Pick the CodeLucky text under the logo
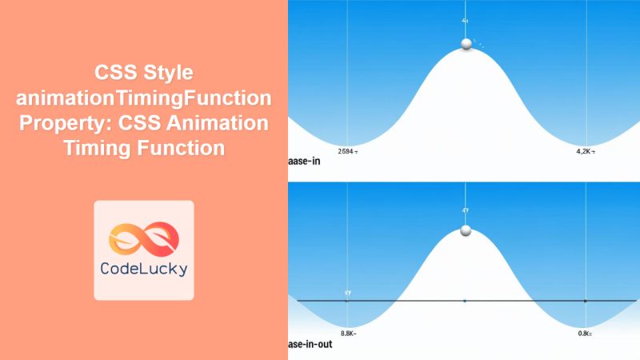tap(144, 270)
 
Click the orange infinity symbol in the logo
tap(144, 233)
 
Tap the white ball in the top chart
tap(466, 44)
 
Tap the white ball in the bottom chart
tap(466, 232)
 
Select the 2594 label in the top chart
tap(348, 150)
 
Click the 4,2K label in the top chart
tap(587, 150)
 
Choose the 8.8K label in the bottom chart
tap(348, 333)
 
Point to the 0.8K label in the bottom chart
tap(586, 333)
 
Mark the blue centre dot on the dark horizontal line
tap(465, 301)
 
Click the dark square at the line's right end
tap(586, 301)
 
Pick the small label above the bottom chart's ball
tap(465, 210)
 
